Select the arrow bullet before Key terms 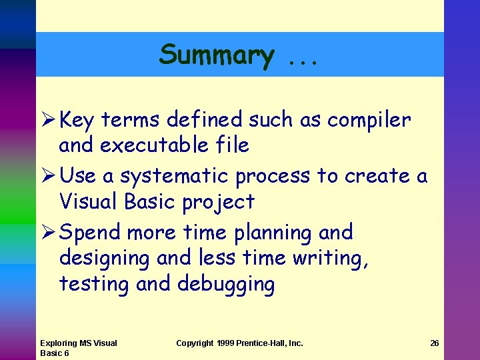coord(47,120)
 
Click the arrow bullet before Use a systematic coord(47,176)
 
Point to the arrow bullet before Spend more coord(47,233)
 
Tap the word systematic coord(177,177)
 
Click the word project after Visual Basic coord(221,201)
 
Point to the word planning coord(273,233)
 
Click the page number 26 coord(434,343)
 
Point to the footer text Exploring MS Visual coord(78,343)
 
